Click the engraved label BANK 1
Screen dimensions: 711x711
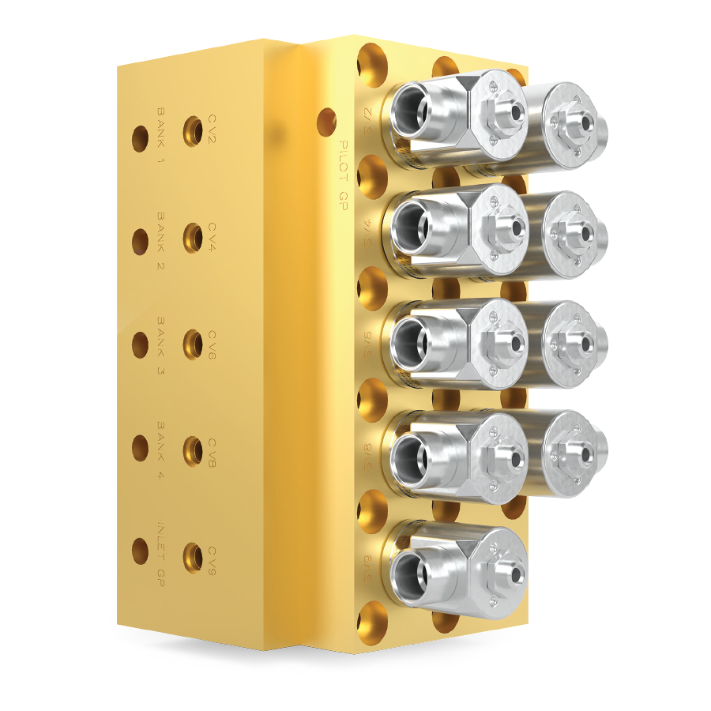(x=160, y=135)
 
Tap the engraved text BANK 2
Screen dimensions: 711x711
(x=160, y=240)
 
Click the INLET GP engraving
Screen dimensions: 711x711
(x=160, y=552)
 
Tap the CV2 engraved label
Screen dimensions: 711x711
(x=213, y=128)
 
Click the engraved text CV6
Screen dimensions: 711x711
(x=213, y=344)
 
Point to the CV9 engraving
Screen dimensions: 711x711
(x=213, y=559)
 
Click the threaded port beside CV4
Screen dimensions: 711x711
(x=192, y=237)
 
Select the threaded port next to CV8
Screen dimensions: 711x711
(x=192, y=450)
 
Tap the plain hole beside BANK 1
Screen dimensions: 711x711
(x=140, y=138)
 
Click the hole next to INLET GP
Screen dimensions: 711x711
(x=140, y=551)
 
